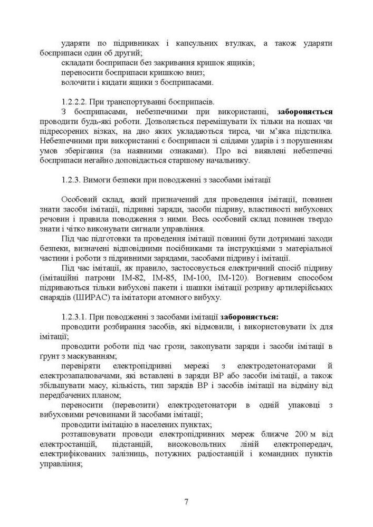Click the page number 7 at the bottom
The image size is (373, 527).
tap(186, 501)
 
